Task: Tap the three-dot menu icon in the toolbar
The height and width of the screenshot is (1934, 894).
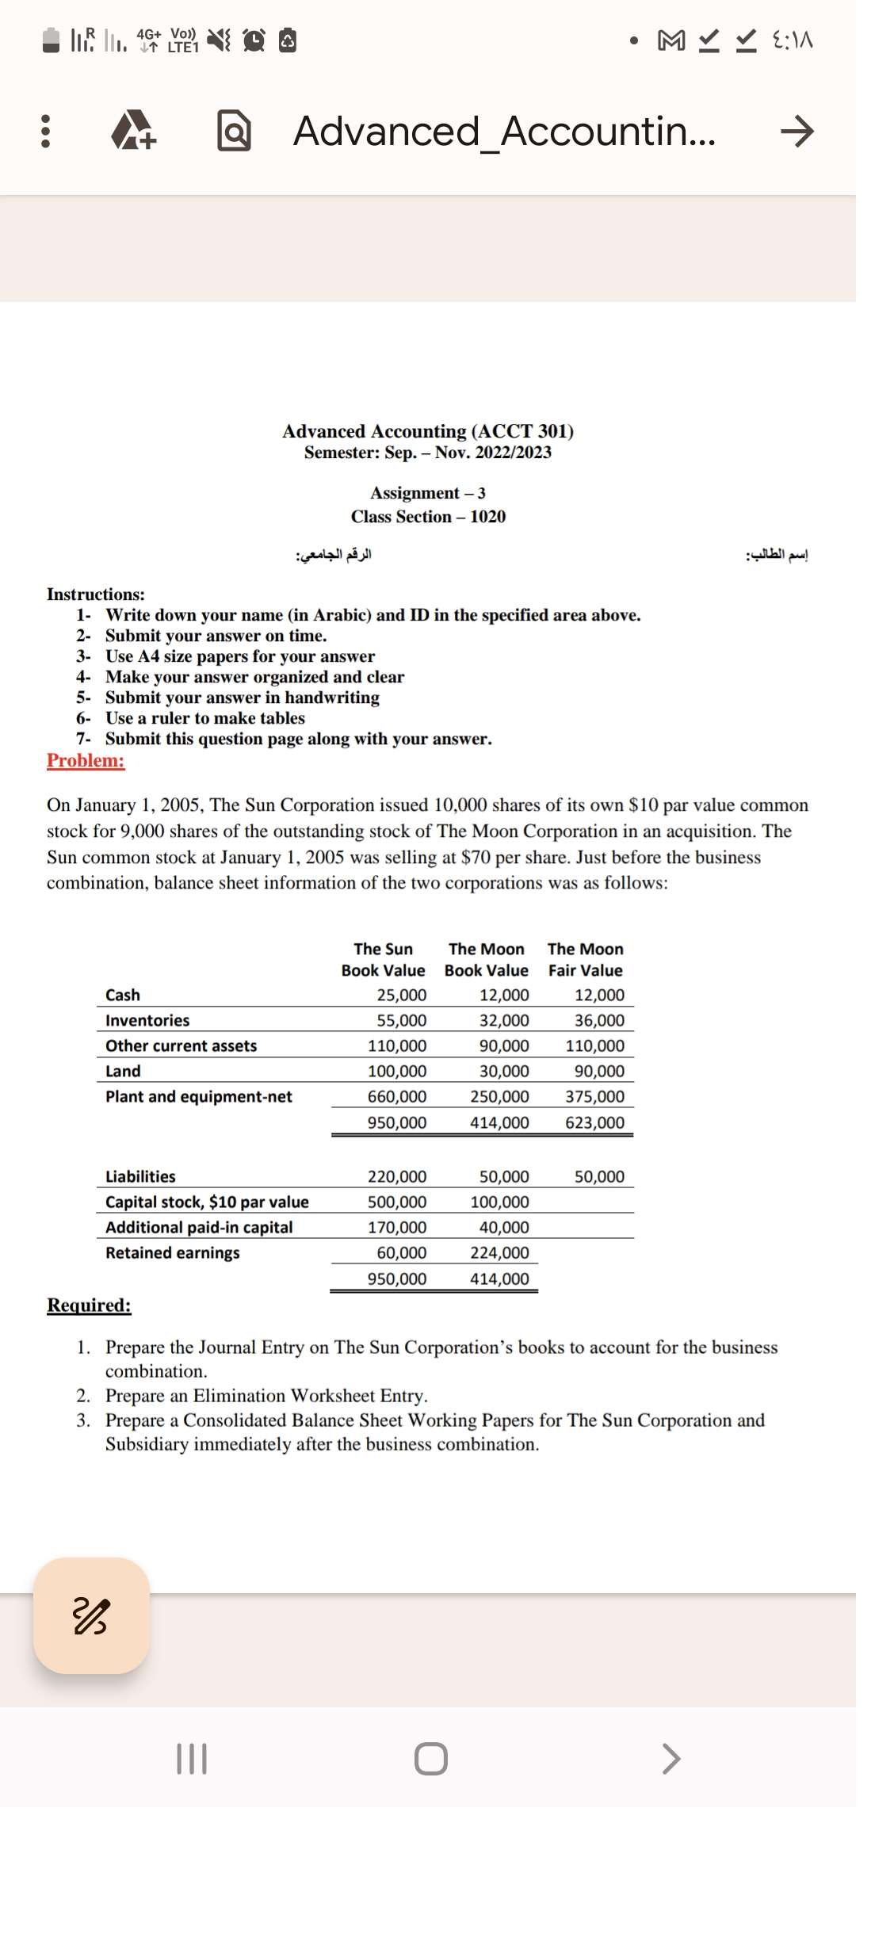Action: coord(45,131)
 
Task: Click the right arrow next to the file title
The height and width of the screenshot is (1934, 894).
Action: coord(796,131)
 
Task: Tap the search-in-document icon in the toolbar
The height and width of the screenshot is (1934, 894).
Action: coord(234,131)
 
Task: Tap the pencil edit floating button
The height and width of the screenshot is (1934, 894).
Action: coord(91,1616)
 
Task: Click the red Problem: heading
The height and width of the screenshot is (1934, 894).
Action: coord(86,761)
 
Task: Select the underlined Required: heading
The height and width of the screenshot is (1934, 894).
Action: coord(89,1305)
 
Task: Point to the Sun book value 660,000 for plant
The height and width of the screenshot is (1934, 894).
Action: coord(396,1097)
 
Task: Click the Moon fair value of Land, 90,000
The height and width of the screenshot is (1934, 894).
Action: coord(599,1072)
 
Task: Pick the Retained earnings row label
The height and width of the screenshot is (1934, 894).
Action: coord(173,1253)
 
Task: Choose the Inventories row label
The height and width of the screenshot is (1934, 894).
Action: coord(147,1021)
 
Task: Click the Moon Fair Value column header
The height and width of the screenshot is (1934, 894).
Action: coord(585,960)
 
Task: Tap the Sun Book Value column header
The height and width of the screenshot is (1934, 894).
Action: coord(383,960)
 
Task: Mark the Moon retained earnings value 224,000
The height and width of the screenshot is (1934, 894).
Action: coord(499,1253)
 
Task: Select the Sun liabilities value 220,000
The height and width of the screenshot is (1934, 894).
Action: coord(396,1177)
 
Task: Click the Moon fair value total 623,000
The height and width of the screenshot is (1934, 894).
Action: coord(594,1123)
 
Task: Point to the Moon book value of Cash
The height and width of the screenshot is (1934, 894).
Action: coord(504,996)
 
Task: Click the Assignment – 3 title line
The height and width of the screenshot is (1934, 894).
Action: coord(428,493)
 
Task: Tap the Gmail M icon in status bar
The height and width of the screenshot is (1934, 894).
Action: coord(671,40)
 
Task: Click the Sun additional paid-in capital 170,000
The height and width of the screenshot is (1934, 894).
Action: coord(396,1228)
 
